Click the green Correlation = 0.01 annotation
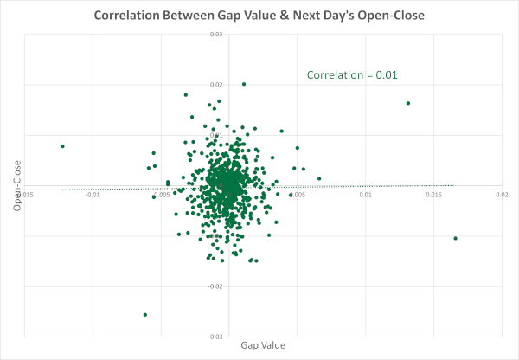[352, 75]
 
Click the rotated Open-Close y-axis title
[16, 187]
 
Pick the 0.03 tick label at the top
[217, 35]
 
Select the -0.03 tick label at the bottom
[216, 336]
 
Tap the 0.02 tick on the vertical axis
[217, 85]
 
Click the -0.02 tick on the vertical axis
[216, 286]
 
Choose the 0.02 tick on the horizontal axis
[502, 194]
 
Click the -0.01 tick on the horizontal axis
[93, 194]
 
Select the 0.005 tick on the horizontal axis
[298, 194]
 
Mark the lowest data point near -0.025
[145, 314]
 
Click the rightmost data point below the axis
[455, 238]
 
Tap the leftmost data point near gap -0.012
[63, 146]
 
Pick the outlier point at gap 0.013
[408, 103]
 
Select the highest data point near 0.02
[244, 84]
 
